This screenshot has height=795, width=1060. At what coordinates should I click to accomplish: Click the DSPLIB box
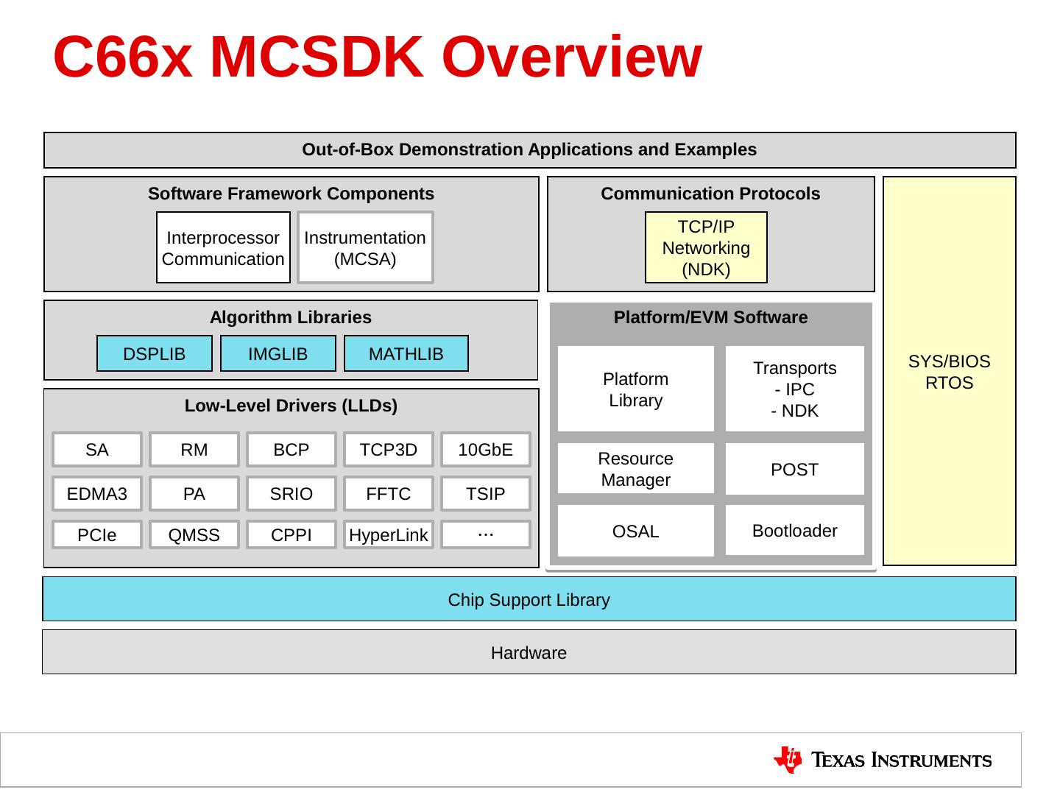point(155,354)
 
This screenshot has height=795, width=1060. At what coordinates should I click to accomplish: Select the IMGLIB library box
point(278,354)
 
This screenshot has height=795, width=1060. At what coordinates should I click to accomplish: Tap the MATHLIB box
point(406,354)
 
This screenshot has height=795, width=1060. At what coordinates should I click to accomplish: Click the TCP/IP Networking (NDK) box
point(706,248)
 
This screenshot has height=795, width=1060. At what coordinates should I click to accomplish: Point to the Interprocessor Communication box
point(223,248)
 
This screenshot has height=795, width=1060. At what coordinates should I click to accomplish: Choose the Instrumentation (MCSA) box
point(365,248)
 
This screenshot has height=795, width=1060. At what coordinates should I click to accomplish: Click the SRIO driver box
point(291,494)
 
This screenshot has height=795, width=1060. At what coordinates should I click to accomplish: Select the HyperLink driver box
point(389,535)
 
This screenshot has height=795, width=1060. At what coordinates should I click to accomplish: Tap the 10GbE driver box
point(486,450)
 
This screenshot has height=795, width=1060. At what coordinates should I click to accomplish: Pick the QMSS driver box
point(194,535)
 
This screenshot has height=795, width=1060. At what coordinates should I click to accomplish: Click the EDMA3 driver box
point(97,494)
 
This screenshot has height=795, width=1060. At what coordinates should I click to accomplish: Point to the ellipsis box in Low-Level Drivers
point(486,534)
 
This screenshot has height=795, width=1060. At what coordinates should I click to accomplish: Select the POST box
point(795,469)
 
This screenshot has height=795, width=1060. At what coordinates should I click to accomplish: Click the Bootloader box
point(795,530)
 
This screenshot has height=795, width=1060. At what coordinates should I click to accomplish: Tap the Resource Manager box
point(636,469)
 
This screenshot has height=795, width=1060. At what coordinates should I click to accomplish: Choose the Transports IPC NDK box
point(795,389)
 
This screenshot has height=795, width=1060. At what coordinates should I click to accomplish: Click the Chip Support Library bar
point(529,599)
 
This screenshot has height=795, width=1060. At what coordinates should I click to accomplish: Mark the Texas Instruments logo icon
point(788,760)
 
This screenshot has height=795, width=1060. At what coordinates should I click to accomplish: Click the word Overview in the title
point(572,57)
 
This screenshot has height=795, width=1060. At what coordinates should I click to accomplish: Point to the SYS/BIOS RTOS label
point(950,372)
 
